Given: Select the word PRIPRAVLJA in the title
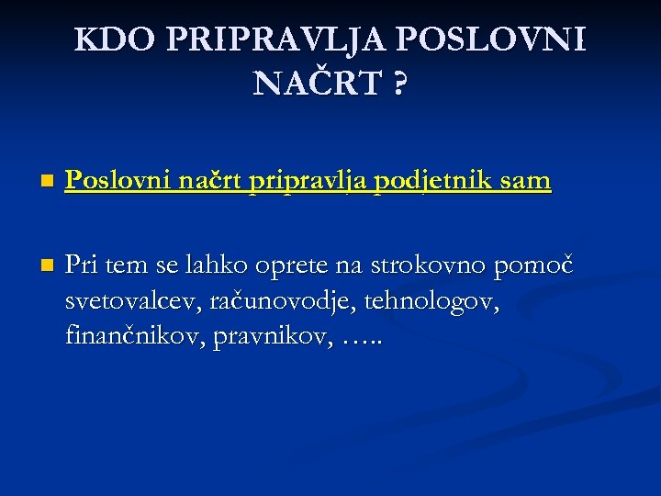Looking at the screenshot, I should coord(280,40).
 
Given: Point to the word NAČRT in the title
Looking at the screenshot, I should coord(317,85).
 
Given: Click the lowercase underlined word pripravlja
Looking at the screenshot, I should coord(310,182).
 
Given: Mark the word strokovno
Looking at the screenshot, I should coord(429,266).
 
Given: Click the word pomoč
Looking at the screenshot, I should coord(533,266).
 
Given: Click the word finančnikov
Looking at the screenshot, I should coord(134,336).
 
